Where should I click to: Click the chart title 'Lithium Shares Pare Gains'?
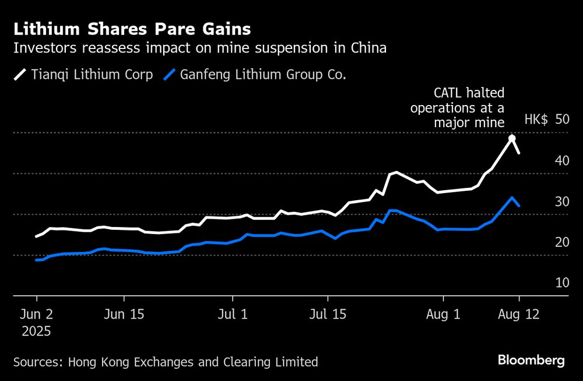tap(132, 29)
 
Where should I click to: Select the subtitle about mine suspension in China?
tap(200, 48)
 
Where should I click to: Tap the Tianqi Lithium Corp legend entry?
tap(83, 75)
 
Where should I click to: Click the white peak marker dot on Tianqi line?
tap(512, 138)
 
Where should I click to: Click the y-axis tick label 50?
tap(561, 119)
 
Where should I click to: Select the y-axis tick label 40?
tap(561, 160)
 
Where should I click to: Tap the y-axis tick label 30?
tap(561, 201)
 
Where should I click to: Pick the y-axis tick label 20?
tap(561, 242)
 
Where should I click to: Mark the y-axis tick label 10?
tap(561, 282)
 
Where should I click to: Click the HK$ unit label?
tap(536, 119)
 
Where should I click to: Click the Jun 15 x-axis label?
tap(124, 314)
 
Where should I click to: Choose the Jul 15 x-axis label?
tap(328, 314)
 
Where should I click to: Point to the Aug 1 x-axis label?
tap(444, 314)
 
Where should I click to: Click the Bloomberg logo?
tap(531, 361)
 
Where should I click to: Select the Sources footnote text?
tap(166, 362)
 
